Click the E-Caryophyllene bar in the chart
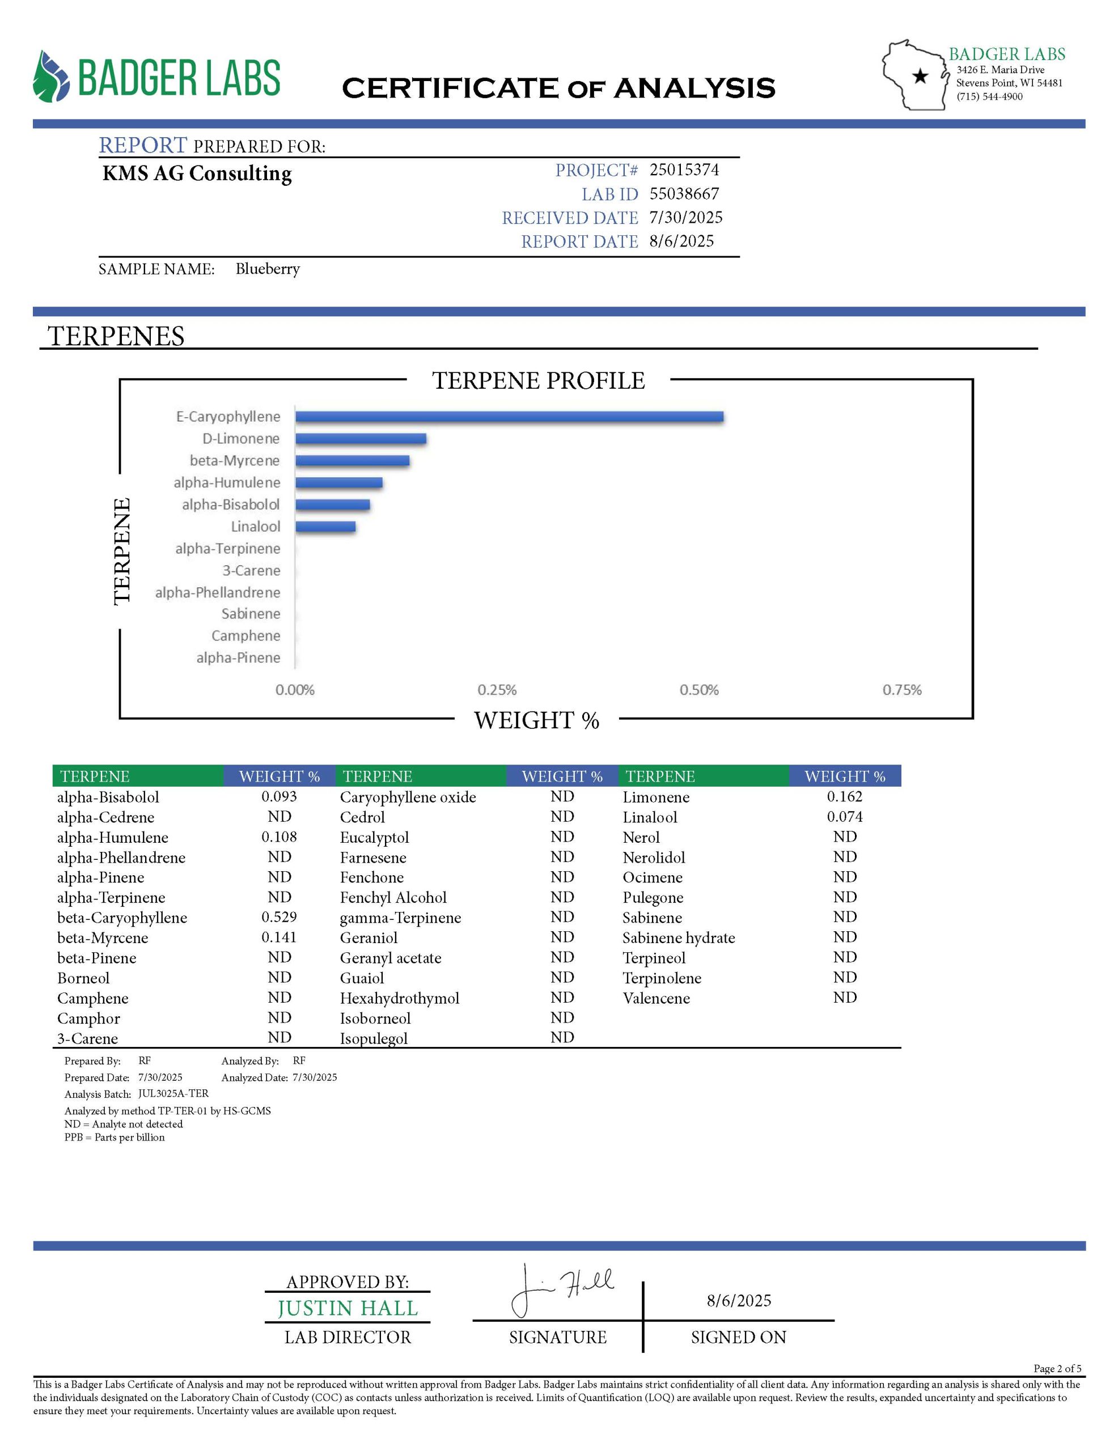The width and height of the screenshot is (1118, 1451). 509,417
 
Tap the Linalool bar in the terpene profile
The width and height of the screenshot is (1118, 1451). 325,527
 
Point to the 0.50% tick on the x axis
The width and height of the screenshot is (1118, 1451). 698,690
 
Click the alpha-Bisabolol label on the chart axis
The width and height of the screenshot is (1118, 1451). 231,504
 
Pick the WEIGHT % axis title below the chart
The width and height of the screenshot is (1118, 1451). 536,720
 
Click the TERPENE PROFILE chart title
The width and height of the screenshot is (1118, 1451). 539,381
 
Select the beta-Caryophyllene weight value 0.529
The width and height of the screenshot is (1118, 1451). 279,917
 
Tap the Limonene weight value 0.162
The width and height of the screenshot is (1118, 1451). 844,796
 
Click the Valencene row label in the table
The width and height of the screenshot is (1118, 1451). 656,998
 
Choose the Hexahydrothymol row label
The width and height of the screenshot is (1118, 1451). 400,998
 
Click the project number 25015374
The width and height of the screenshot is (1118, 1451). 684,169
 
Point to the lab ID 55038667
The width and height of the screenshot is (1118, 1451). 684,193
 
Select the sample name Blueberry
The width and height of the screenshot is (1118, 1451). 267,269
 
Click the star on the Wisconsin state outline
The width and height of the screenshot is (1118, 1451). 920,77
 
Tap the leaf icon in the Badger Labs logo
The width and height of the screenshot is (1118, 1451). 50,77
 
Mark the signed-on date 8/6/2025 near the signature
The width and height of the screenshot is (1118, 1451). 739,1300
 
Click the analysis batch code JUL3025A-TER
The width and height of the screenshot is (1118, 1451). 173,1093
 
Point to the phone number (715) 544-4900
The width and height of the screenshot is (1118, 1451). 989,96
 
